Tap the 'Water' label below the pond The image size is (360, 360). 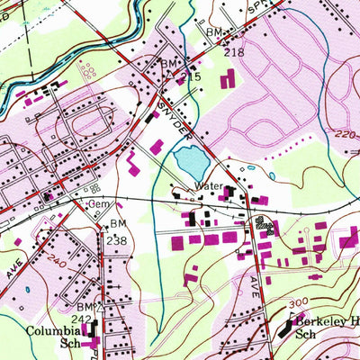[x=209, y=188]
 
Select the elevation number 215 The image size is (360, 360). [x=189, y=78]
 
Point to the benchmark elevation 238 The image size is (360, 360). [x=117, y=241]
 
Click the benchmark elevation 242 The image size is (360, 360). [x=81, y=319]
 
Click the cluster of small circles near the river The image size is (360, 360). [x=87, y=70]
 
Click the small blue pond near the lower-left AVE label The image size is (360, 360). [x=27, y=291]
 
